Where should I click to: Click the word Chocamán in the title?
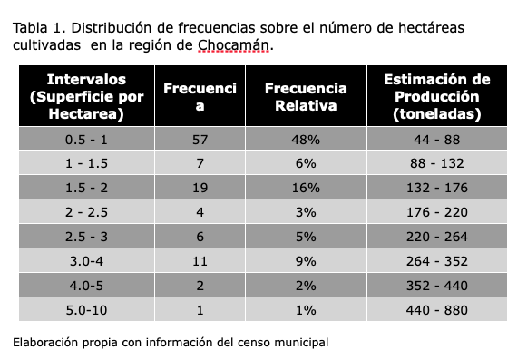[x=234, y=45]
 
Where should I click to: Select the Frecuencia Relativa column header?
[x=306, y=96]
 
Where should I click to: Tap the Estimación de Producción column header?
[x=437, y=96]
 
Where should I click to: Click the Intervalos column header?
[x=87, y=96]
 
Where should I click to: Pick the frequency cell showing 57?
[x=200, y=139]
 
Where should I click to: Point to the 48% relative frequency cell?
[x=306, y=139]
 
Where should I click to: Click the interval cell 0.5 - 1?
[x=87, y=139]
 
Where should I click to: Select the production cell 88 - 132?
[x=437, y=163]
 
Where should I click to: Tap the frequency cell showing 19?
[x=200, y=187]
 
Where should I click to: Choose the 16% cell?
[x=306, y=187]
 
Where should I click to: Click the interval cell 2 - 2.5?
[x=87, y=212]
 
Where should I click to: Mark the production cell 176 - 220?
[x=437, y=212]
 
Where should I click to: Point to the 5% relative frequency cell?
[x=306, y=237]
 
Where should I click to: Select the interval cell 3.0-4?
[x=87, y=261]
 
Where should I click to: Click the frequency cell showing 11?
[x=200, y=261]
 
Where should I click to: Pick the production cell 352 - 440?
[x=437, y=286]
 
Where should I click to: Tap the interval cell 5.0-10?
[x=87, y=309]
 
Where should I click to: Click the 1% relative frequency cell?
[x=306, y=309]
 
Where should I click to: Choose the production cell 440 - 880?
[x=437, y=309]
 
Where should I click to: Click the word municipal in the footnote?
[x=301, y=343]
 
